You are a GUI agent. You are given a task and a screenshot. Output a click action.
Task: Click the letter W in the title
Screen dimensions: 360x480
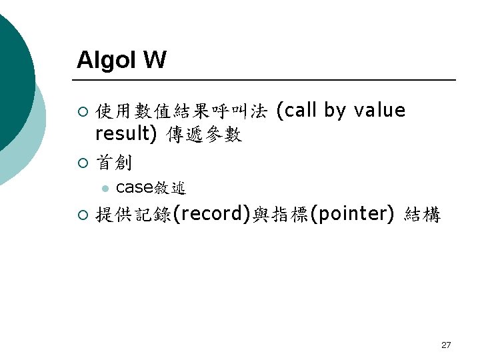pos(154,61)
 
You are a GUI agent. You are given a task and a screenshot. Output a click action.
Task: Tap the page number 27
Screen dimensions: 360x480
pos(446,345)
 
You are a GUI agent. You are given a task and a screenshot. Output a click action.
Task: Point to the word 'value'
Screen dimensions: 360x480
pos(379,111)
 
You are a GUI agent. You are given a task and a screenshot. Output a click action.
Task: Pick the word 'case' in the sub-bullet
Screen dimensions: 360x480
pos(135,188)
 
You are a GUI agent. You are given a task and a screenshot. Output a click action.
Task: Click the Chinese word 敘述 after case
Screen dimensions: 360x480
pos(170,188)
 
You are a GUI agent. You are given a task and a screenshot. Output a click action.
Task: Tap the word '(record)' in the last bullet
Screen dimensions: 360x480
pos(212,215)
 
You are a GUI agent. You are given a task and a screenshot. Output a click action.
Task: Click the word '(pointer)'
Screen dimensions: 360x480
pos(353,215)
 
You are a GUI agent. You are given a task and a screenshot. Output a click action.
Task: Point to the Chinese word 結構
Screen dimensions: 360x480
pos(422,215)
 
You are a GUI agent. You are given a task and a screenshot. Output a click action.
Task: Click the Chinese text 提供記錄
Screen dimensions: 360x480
pos(133,215)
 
